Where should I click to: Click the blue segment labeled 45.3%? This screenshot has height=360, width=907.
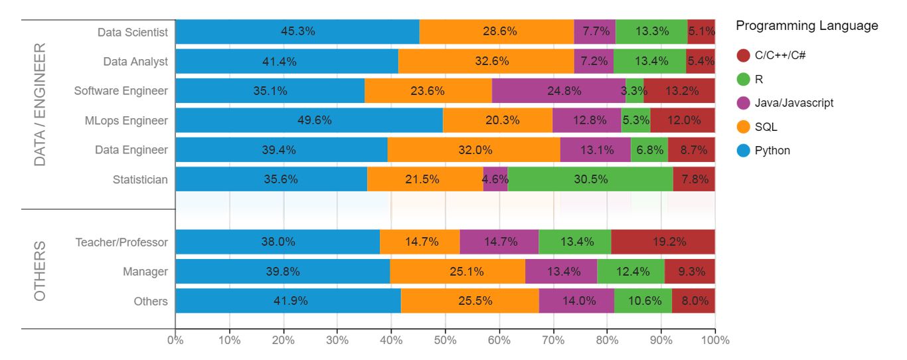pos(297,31)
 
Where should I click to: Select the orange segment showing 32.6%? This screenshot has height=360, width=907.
pos(486,61)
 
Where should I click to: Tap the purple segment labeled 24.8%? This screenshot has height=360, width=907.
pos(558,91)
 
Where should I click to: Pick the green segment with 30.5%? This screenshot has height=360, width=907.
pos(590,179)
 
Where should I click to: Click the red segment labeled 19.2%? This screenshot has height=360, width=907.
pos(663,242)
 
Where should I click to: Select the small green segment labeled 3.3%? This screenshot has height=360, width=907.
pos(634,91)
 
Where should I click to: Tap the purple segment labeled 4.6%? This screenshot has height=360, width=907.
pos(495,179)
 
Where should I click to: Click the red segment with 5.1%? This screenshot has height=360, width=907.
pos(701,31)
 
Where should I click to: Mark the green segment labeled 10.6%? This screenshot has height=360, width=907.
pos(643,300)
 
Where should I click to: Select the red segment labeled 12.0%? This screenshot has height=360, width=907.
pos(683,120)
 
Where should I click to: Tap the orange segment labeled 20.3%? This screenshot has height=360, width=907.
pos(497,120)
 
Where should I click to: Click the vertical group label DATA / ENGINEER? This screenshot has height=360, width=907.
pos(40,105)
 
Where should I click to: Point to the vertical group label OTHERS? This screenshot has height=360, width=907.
pos(40,271)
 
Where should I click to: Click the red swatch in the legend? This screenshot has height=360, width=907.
pos(740,53)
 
